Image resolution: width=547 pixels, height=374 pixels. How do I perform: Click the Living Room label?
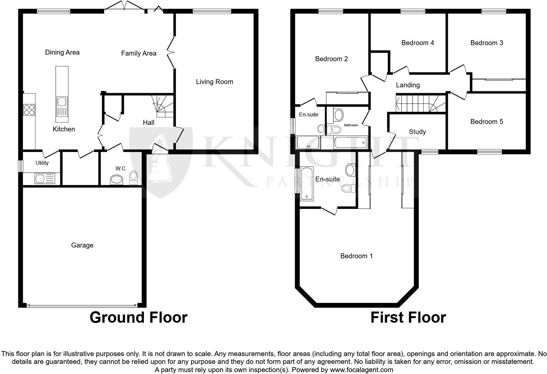[215, 82]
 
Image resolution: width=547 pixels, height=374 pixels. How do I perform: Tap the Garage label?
[82, 245]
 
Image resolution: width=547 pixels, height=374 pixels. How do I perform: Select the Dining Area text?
[62, 52]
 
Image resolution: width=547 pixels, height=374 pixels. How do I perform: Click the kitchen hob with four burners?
[29, 110]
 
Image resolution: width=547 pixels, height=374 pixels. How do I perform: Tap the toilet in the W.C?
[133, 177]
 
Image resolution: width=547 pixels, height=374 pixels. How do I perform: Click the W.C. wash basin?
[116, 179]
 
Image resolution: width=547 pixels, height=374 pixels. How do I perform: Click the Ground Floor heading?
[138, 317]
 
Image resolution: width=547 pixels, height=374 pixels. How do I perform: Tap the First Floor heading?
[408, 317]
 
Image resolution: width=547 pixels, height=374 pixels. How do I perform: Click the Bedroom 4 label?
[417, 43]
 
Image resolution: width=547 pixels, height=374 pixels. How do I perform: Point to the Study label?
[417, 132]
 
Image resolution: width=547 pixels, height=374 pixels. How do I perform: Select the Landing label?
[408, 85]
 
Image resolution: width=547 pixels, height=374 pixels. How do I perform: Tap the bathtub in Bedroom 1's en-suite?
[307, 183]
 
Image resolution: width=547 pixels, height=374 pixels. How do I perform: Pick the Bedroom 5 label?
[486, 122]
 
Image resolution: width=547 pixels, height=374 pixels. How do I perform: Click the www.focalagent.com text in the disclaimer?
[362, 370]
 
